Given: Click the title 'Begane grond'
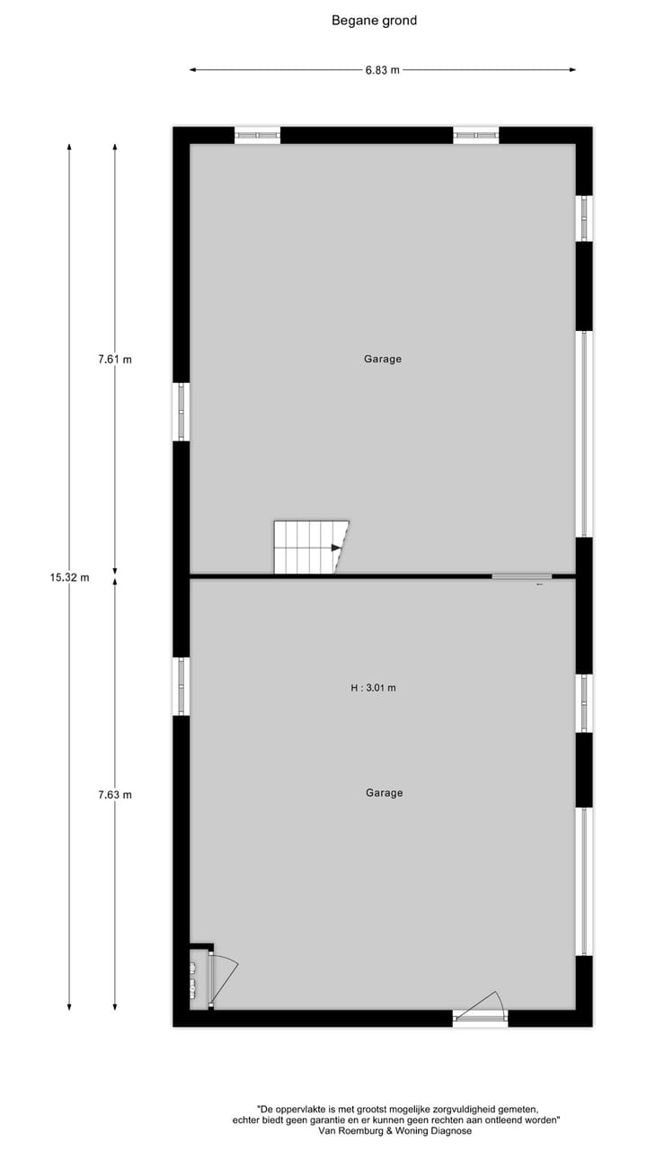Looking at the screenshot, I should tap(374, 21).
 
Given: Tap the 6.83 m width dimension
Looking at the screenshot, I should tap(383, 70).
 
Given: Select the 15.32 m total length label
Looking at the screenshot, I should tap(69, 578).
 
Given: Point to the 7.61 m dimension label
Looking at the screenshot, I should tap(115, 360).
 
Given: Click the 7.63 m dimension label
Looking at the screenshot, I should tap(115, 795).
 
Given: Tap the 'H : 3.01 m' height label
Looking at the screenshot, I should tap(373, 689).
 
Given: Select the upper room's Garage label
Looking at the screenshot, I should tap(383, 359).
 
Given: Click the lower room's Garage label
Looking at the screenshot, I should tap(384, 793).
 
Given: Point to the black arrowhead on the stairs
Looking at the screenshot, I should tap(336, 548).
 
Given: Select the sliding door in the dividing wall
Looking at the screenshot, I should tap(521, 576).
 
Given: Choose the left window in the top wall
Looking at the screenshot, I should tap(258, 135).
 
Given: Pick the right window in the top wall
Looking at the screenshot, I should tap(476, 135).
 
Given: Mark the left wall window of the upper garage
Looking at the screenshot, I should tap(182, 412).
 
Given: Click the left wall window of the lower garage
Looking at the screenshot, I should tap(182, 686).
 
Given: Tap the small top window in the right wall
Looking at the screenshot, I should tap(584, 218).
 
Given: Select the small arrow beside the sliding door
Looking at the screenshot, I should tap(539, 585).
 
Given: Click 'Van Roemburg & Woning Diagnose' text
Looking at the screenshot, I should tap(394, 1131).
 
